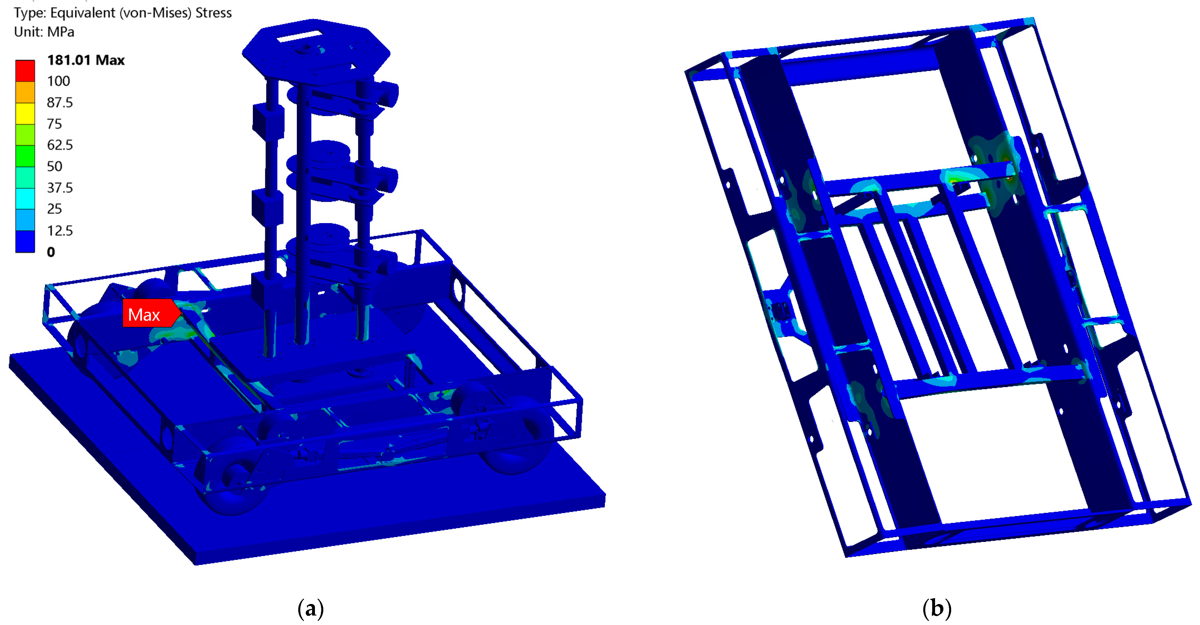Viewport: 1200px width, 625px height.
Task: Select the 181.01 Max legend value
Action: point(86,60)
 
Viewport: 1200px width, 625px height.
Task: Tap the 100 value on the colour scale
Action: point(58,81)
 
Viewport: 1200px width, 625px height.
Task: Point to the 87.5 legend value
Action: point(60,103)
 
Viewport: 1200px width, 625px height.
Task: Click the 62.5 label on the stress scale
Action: point(60,145)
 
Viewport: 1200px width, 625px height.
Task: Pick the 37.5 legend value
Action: point(60,188)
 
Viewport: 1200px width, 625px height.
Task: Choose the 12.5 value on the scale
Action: point(60,231)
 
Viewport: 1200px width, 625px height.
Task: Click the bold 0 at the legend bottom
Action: point(51,252)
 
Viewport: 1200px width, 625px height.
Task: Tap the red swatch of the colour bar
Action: point(25,71)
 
